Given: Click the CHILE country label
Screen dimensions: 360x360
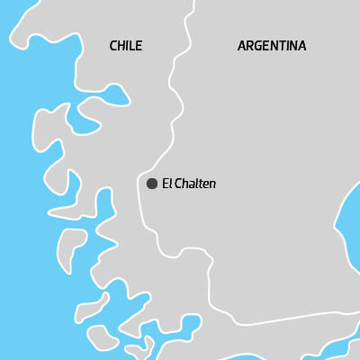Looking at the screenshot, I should [x=125, y=46].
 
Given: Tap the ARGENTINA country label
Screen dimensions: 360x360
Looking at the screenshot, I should [x=272, y=46].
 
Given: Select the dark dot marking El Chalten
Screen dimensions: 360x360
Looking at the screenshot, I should [x=152, y=184].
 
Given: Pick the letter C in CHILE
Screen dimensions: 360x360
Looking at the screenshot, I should [x=113, y=46].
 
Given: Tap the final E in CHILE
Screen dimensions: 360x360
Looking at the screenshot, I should [x=139, y=46].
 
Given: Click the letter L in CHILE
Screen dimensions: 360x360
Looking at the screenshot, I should [x=131, y=46].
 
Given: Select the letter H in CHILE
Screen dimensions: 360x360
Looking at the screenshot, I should [x=121, y=46].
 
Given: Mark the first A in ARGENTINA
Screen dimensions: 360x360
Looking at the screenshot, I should [x=242, y=46].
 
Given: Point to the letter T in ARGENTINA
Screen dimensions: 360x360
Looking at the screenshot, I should [x=283, y=46].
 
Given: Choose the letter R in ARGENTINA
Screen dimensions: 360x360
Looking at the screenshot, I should [x=250, y=46].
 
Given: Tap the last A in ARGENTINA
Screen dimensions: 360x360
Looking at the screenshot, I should [x=301, y=46].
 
